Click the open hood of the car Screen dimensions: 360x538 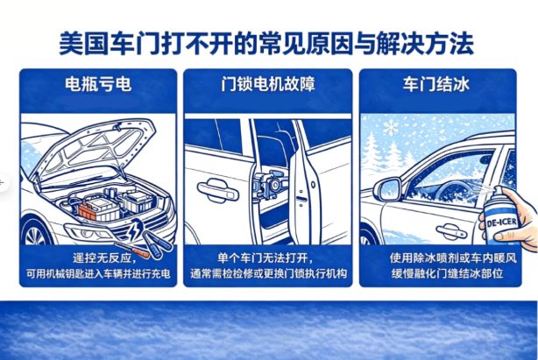point(96,145)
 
